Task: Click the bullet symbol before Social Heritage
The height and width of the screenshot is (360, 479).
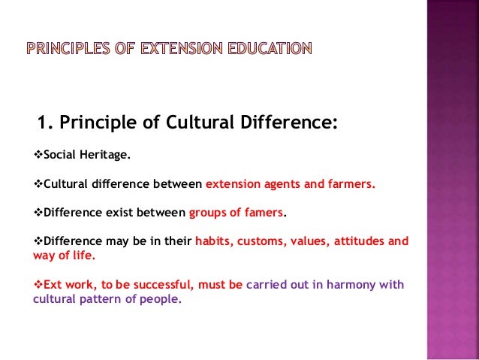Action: click(40, 156)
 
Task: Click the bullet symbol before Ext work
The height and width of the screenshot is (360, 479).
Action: click(40, 285)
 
